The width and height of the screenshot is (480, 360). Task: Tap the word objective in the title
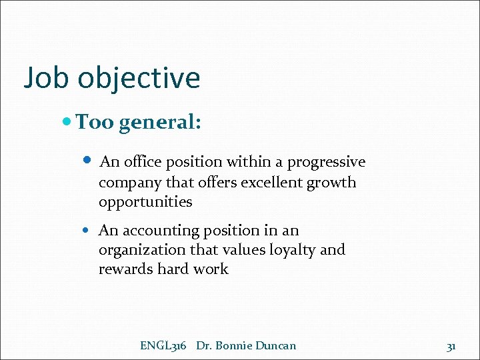click(139, 78)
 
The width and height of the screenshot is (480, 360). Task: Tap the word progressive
click(326, 162)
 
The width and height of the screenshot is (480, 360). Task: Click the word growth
click(331, 182)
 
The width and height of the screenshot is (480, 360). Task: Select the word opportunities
click(145, 202)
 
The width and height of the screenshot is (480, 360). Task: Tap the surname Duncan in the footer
click(277, 345)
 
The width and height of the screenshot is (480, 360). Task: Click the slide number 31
click(451, 346)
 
